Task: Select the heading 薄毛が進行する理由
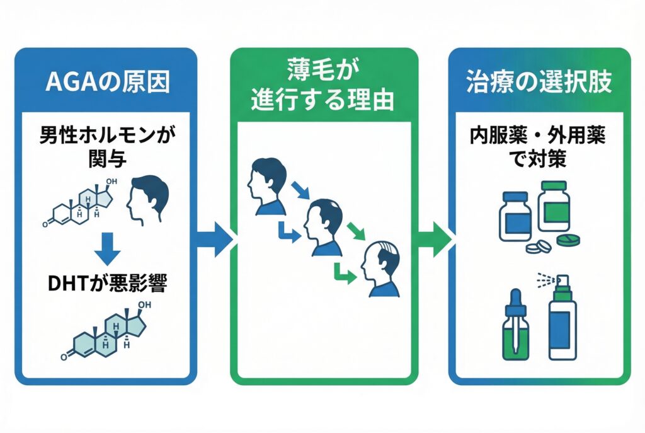point(323,88)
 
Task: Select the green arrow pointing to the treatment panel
point(434,239)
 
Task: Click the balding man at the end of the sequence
point(382,267)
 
